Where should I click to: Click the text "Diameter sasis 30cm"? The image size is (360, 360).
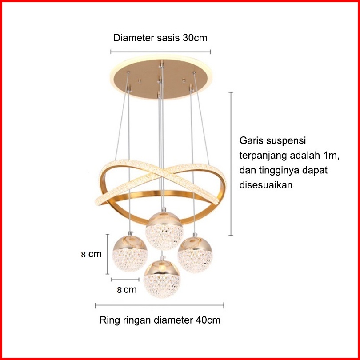click(160, 38)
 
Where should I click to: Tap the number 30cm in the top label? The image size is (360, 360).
click(194, 38)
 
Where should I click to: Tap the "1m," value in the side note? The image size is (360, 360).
click(330, 156)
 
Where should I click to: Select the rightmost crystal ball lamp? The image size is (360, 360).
click(195, 253)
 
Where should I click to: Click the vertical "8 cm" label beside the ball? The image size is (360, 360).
click(92, 255)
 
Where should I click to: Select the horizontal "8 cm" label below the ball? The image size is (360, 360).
click(127, 290)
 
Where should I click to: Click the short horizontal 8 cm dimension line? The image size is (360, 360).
click(126, 280)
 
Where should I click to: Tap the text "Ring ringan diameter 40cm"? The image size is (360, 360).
click(160, 320)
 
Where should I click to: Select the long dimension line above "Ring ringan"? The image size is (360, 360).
click(160, 305)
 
